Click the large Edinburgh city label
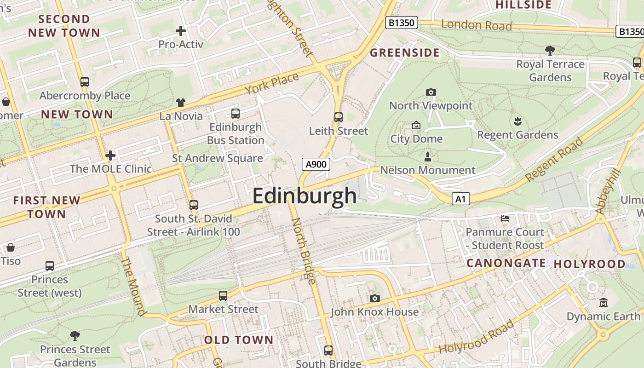coord(304,196)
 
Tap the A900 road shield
coord(316,164)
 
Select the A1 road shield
coord(461,199)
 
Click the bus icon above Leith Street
coord(339,117)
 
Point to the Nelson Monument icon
coord(428,157)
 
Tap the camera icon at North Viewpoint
coord(431,92)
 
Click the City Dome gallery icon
coord(416,125)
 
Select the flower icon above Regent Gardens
coord(517,121)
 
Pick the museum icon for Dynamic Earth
coord(603,303)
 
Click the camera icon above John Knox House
coord(375,298)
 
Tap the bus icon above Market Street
coord(223,296)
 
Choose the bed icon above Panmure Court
coord(505,218)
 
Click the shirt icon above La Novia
coord(181,103)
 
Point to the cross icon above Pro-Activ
coord(181,31)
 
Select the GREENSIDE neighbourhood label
coord(405,53)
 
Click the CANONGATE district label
coord(506,263)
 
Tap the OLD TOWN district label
coord(239,340)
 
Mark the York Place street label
coord(272,83)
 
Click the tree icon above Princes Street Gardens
coord(75,335)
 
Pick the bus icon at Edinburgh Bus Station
coord(236,113)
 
